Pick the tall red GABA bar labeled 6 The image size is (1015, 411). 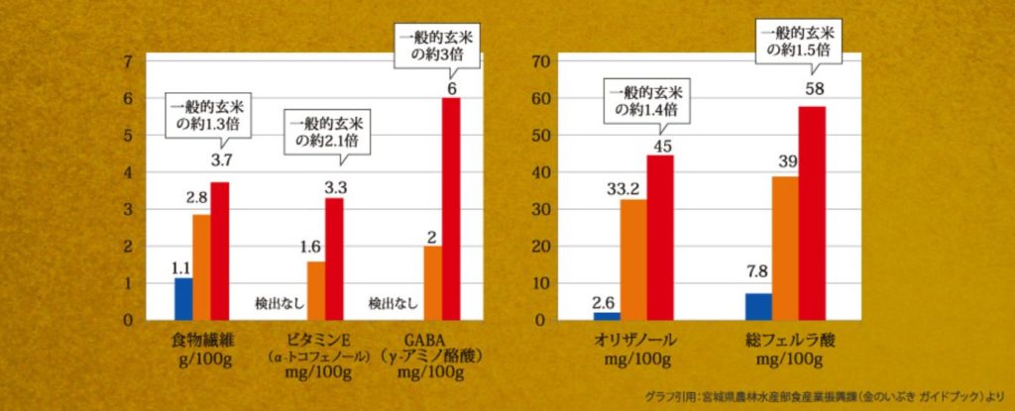tap(451, 209)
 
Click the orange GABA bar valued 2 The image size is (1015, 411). tap(432, 283)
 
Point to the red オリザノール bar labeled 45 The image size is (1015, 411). tap(659, 238)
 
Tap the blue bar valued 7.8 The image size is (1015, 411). tap(758, 307)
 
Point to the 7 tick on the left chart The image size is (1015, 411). tap(127, 61)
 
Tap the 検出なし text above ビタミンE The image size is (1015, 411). tap(269, 302)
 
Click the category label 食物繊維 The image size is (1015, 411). tap(203, 341)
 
